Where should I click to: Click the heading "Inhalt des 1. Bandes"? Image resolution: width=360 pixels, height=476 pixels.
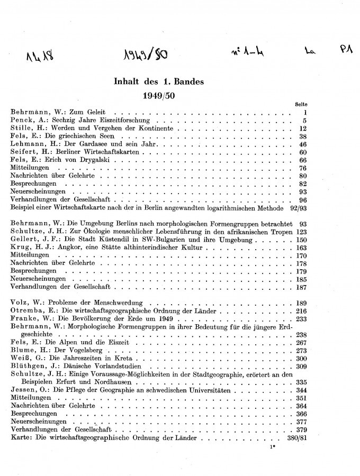click(159, 82)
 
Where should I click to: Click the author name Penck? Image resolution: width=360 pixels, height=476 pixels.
click(21, 121)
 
